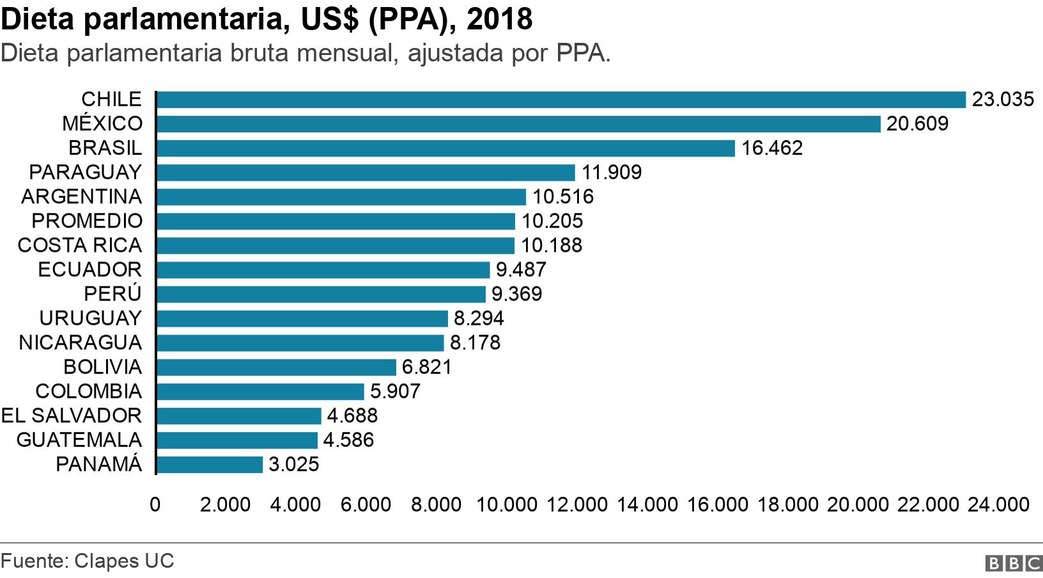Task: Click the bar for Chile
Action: (x=561, y=100)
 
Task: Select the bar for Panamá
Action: (x=210, y=464)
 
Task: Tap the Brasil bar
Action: (x=445, y=148)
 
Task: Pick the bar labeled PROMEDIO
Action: (x=336, y=221)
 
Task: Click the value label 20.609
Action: (x=917, y=123)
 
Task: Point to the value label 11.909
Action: (x=611, y=172)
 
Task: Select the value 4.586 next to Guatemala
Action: (x=348, y=440)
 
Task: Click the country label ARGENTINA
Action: (x=82, y=196)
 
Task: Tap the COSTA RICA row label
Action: (x=80, y=245)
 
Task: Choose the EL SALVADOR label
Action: (x=72, y=416)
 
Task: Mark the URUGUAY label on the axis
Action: (x=90, y=318)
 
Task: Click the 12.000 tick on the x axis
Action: (x=577, y=504)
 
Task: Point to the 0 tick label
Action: (x=155, y=504)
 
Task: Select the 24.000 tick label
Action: (x=998, y=504)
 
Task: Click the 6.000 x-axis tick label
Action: (x=366, y=504)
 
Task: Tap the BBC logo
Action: (x=1014, y=563)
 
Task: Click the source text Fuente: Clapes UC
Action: (x=88, y=561)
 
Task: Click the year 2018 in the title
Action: (x=499, y=19)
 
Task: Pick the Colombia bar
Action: (x=260, y=391)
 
